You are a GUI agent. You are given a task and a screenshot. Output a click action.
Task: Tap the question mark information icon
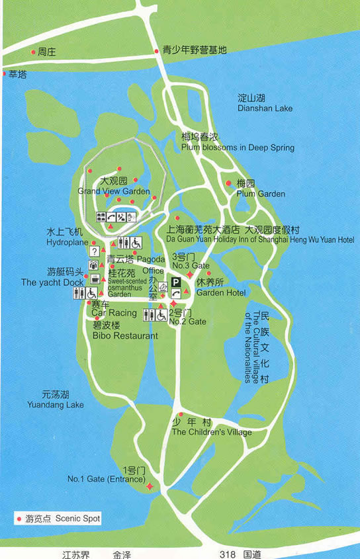94,251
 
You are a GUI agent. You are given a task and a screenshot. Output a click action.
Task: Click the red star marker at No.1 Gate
150,487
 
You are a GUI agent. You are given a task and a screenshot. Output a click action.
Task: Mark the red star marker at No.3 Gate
190,274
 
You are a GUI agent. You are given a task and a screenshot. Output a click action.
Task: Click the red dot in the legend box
19,519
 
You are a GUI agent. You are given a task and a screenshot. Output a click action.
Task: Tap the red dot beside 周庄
33,50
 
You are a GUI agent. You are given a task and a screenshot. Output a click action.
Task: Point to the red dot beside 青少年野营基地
157,50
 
